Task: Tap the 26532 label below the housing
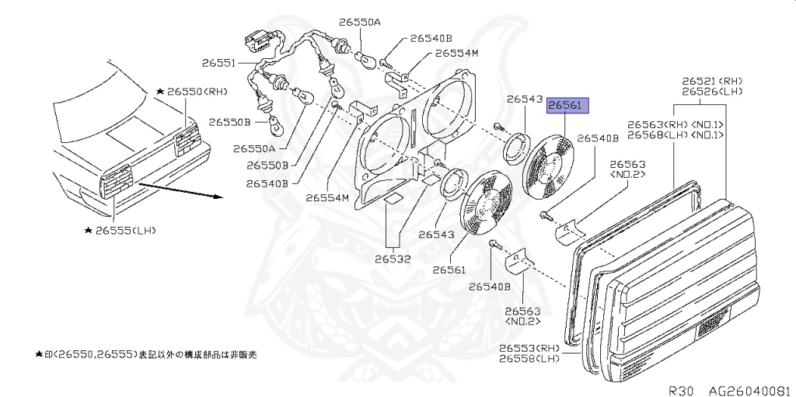pos(393,259)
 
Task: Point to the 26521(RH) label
pos(712,81)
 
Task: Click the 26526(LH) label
pos(712,92)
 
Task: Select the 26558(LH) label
pos(530,359)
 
